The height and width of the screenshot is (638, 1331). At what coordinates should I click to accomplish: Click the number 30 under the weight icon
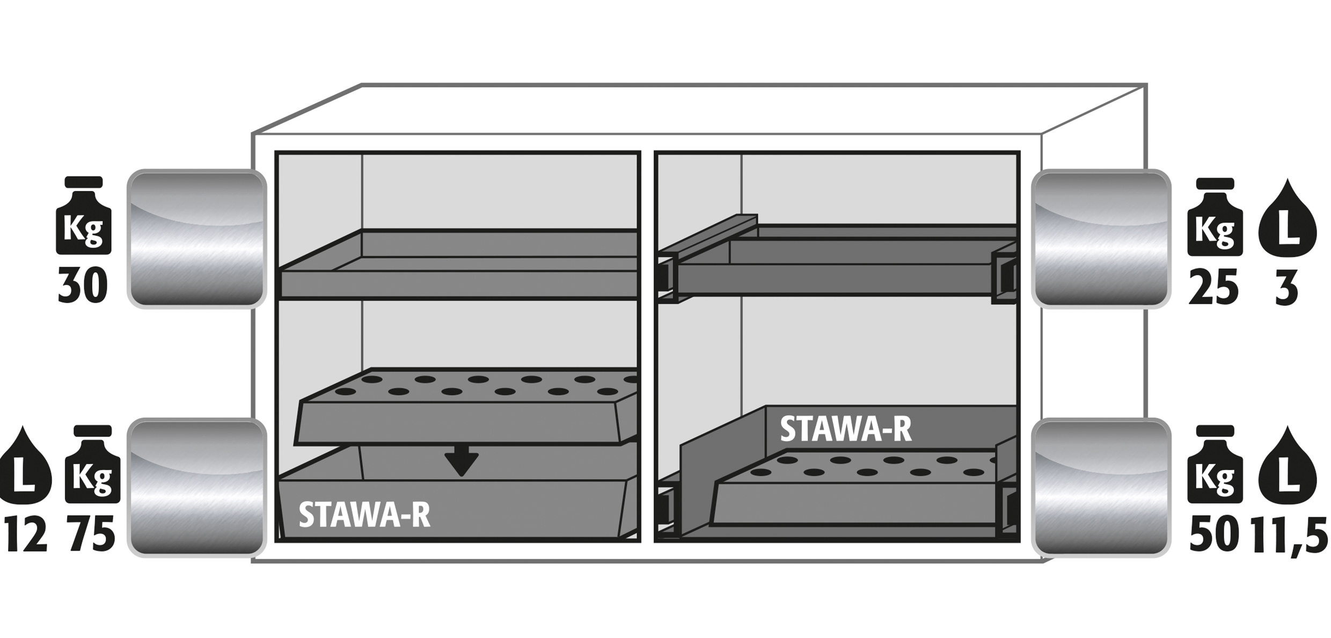(83, 286)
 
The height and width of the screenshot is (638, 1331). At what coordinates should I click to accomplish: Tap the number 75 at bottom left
(92, 534)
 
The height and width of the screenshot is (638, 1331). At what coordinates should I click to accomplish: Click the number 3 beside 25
(1286, 288)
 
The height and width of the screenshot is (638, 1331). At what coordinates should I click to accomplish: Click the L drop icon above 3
(1287, 217)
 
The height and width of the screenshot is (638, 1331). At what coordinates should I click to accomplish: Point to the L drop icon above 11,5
(1287, 465)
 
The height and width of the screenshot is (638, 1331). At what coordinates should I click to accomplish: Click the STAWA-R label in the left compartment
(364, 515)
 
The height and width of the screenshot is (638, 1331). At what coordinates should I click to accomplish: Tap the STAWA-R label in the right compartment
(845, 429)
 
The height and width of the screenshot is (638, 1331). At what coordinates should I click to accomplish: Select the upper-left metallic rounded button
(196, 239)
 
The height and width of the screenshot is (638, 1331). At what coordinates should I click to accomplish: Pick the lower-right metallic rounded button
(1101, 487)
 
